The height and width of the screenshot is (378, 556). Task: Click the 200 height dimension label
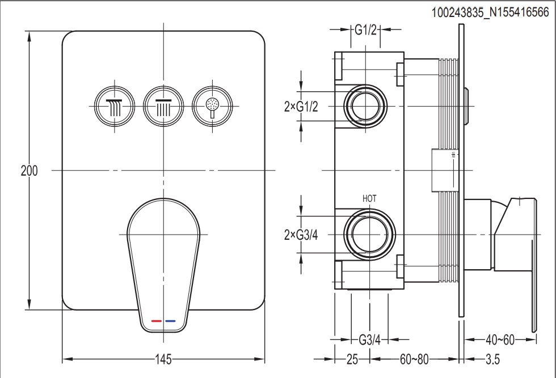[29, 171]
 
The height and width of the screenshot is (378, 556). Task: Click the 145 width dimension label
[163, 359]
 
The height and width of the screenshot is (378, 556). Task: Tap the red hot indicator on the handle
[157, 321]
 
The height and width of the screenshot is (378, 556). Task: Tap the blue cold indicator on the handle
[170, 321]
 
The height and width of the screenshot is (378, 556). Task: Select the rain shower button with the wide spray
[114, 105]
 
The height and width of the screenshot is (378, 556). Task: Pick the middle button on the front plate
[163, 105]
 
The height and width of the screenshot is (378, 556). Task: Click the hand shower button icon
[213, 105]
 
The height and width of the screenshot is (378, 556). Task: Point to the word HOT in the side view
[369, 198]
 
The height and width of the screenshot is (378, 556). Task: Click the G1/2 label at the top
[366, 30]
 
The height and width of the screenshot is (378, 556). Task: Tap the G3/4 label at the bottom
[369, 340]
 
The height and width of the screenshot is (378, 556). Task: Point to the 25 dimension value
[352, 359]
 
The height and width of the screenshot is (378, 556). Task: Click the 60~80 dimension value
[414, 359]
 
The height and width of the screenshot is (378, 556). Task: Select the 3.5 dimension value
[492, 359]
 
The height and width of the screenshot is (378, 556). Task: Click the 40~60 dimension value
[500, 340]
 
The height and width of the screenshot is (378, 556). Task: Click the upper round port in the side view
[365, 105]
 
